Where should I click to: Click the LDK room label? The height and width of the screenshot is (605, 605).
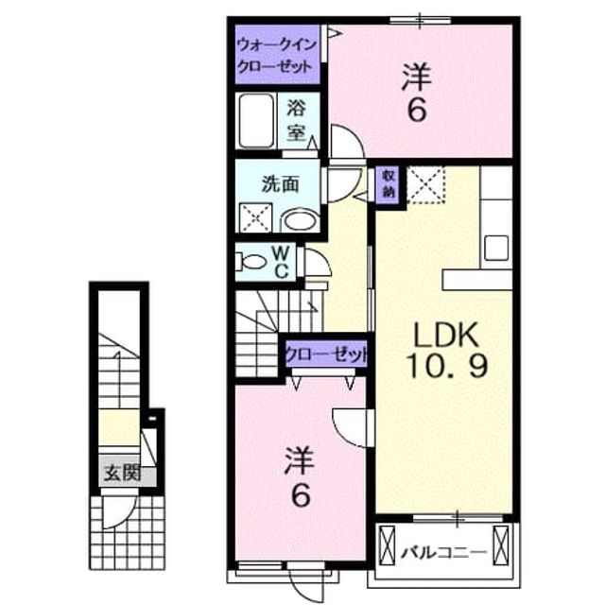coord(446,336)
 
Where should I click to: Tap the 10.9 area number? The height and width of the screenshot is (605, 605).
coord(447,367)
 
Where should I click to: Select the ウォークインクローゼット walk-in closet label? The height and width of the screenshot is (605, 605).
coord(277,56)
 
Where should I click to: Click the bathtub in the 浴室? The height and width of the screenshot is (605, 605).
coord(256,121)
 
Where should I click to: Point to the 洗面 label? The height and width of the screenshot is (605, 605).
coord(281,184)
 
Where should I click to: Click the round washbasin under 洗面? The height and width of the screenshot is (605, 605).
coord(300,221)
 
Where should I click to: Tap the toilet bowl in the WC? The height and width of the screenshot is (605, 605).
coord(251,263)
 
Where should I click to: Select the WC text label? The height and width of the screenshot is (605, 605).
coord(282,263)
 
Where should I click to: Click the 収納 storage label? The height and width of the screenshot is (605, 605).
coord(389,184)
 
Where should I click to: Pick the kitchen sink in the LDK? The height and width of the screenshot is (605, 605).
coord(496,248)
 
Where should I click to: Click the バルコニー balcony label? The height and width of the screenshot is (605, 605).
coord(443,553)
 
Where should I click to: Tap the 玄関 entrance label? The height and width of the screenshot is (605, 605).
coord(123,473)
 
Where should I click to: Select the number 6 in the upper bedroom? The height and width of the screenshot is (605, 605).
coord(418,110)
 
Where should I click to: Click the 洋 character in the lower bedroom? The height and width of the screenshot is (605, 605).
coord(299,461)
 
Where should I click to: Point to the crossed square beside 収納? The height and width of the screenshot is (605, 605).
coord(426,184)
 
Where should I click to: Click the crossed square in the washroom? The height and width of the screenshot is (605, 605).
coord(255,217)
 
